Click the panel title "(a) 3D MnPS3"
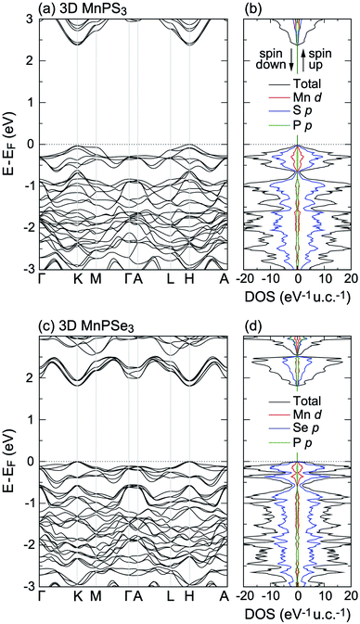pyautogui.click(x=82, y=8)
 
